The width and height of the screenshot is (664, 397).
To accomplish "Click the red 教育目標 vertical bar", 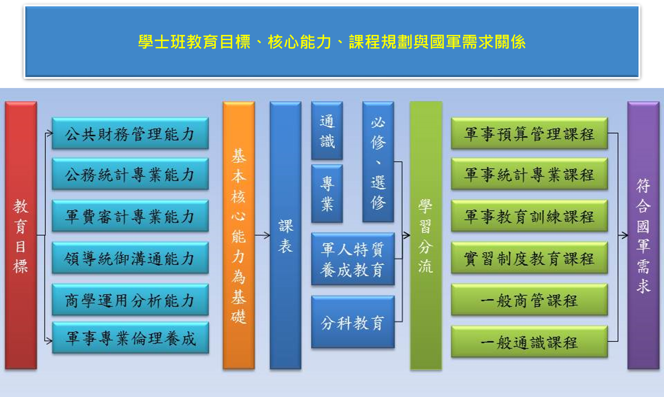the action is click(x=21, y=235).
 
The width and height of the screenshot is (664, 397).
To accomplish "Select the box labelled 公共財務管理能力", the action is click(x=130, y=133).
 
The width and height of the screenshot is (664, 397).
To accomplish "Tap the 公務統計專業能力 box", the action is click(x=130, y=174).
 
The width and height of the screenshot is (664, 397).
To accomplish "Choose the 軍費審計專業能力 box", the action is click(x=130, y=216).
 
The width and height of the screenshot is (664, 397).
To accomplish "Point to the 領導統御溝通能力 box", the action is click(x=130, y=258).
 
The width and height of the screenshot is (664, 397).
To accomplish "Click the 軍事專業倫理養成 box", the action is click(x=130, y=338).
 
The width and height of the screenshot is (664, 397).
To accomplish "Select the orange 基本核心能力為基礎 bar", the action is click(x=239, y=235).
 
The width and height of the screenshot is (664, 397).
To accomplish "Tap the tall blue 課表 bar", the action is click(x=285, y=235).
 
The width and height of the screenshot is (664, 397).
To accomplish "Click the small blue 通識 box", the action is click(x=327, y=131).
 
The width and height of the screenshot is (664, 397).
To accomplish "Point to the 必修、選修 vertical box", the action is click(x=378, y=162).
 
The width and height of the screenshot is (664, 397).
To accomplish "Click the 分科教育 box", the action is click(x=353, y=322).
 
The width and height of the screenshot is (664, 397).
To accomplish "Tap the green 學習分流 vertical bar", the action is click(x=426, y=235).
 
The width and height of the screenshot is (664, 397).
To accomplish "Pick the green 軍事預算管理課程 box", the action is click(x=529, y=133).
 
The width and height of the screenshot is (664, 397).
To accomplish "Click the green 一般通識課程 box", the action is click(x=529, y=342).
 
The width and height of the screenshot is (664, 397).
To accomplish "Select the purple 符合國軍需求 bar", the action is click(x=643, y=235).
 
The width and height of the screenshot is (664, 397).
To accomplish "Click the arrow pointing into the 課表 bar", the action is click(x=262, y=235).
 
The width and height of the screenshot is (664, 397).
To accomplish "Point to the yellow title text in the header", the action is click(x=332, y=42).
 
